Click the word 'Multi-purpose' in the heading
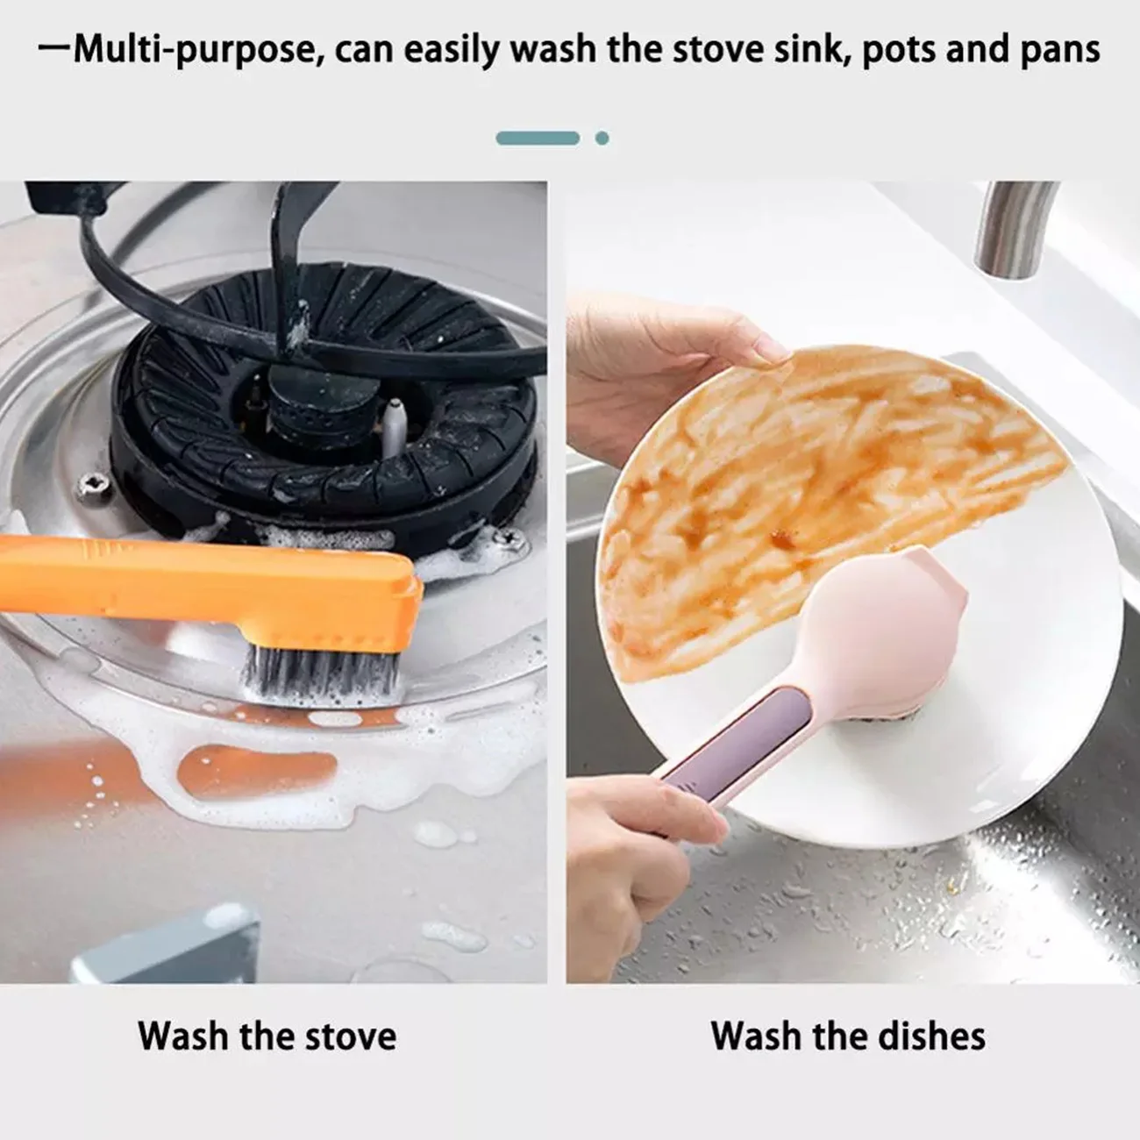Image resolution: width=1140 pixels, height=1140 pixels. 193,50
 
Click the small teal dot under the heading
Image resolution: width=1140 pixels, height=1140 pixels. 602,138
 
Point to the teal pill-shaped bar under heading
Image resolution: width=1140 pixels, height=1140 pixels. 538,138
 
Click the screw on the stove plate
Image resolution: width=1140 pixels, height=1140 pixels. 91,481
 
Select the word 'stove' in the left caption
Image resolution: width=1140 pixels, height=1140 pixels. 350,1036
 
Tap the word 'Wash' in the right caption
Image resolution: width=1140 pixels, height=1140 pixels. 754,1036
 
